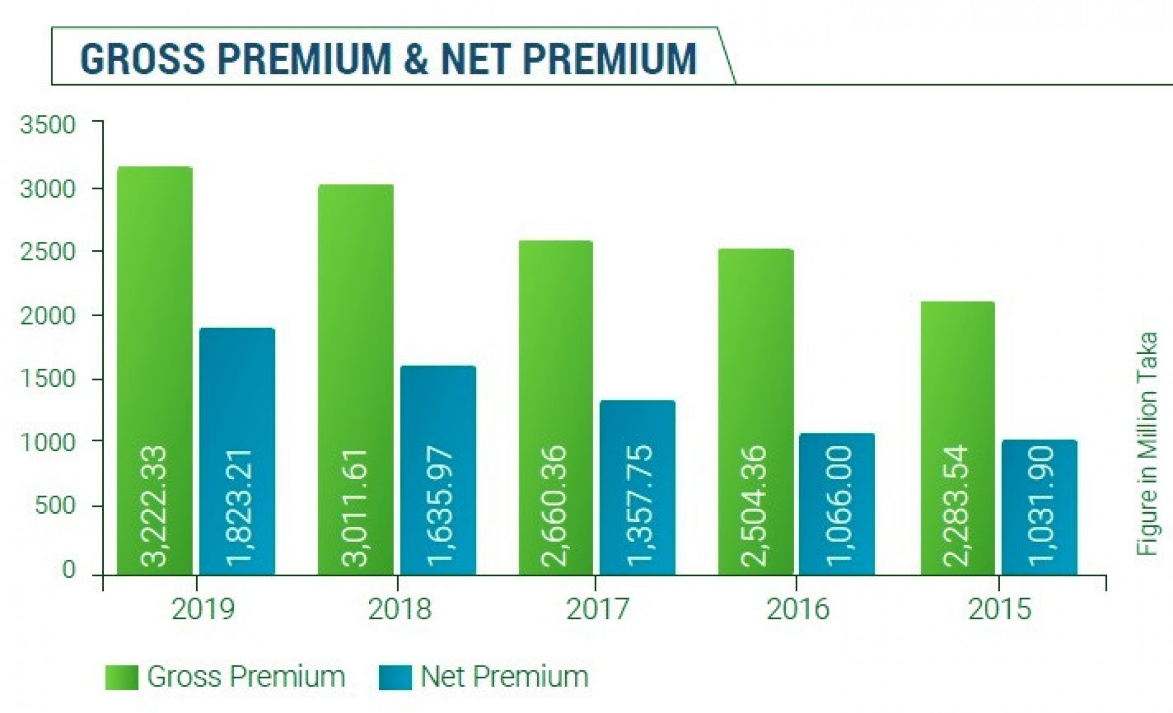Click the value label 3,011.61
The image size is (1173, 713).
coord(355,507)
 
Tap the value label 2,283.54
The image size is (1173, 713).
coord(957,506)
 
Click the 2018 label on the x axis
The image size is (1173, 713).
coord(400,609)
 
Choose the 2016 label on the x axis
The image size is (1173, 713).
coord(798,609)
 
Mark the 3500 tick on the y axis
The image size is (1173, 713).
coord(48,125)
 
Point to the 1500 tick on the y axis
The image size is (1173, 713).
coord(48,379)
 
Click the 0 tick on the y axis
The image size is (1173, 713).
coord(68,570)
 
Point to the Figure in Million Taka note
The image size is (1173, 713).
coord(1147,444)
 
